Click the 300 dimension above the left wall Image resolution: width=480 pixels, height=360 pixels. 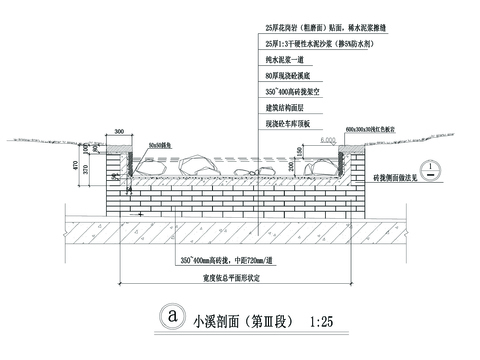pyautogui.click(x=121, y=131)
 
